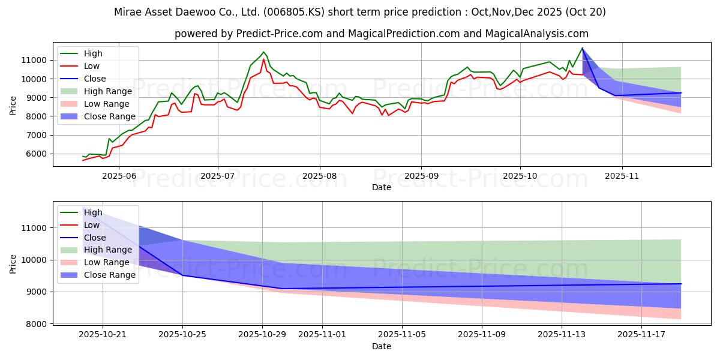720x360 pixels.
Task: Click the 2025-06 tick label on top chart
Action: pyautogui.click(x=118, y=175)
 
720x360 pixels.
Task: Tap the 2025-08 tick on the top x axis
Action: pyautogui.click(x=319, y=175)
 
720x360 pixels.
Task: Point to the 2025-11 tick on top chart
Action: pyautogui.click(x=622, y=175)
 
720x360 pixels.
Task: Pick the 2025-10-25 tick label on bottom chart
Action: pyautogui.click(x=182, y=334)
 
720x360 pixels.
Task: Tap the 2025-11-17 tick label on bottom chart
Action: pyautogui.click(x=642, y=334)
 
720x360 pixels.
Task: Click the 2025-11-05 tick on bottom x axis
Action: pyautogui.click(x=402, y=334)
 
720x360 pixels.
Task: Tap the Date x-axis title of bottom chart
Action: pyautogui.click(x=381, y=346)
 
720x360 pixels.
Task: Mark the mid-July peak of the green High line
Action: pyautogui.click(x=263, y=52)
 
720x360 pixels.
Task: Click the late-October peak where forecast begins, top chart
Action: pyautogui.click(x=582, y=48)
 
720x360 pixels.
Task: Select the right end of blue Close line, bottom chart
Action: pyautogui.click(x=681, y=284)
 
